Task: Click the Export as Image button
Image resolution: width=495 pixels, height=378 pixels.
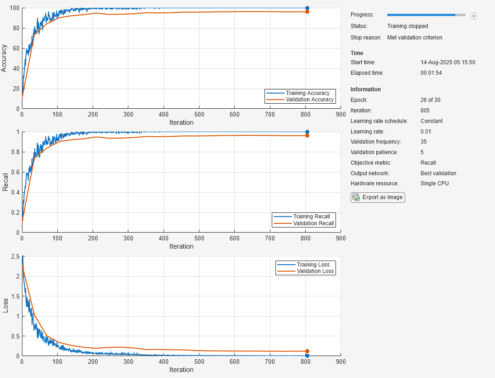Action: tap(378, 197)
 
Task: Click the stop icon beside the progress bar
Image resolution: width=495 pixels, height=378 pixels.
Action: tap(474, 16)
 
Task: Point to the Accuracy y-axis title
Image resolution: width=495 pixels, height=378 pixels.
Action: tap(5, 58)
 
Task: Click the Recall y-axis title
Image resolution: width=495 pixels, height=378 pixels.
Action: tap(5, 182)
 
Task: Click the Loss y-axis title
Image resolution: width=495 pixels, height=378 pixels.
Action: tap(5, 306)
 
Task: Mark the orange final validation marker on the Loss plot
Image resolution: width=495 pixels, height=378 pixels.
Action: tap(307, 351)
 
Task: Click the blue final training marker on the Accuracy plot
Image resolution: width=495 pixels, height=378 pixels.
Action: tap(307, 8)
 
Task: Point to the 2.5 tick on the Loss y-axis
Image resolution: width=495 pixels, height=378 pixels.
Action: tap(14, 256)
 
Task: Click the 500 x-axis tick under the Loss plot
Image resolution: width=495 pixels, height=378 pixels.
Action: tap(199, 361)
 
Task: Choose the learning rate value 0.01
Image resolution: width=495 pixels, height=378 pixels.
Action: tap(426, 132)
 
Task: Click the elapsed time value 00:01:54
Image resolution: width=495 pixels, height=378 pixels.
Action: tap(431, 73)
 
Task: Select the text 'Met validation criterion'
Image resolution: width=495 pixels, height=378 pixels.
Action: tap(415, 38)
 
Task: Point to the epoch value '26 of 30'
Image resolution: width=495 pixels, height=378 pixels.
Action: tap(430, 100)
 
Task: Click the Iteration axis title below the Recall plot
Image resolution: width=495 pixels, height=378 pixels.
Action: tap(181, 246)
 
